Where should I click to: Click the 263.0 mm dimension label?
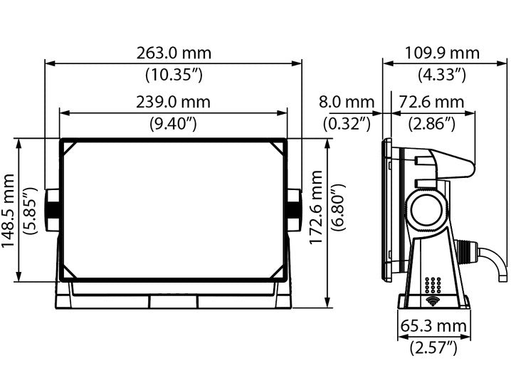point(174,53)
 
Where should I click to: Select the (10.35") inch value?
point(174,73)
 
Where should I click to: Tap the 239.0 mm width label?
point(174,103)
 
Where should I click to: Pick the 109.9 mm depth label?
point(442,53)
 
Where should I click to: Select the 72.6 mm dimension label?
point(431,103)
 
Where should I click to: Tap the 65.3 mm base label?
point(434,327)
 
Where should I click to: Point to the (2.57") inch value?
point(433,347)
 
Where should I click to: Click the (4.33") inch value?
point(442,73)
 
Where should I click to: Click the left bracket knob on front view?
point(52,210)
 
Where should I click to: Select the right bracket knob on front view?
point(295,210)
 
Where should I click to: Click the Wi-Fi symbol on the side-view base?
point(432,302)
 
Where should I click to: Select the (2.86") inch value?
point(431,123)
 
